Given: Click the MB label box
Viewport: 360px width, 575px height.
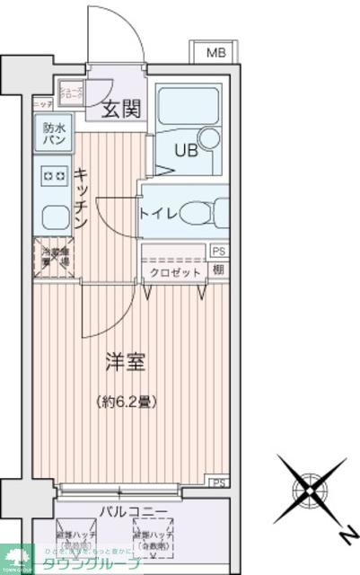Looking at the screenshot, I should tap(216, 53).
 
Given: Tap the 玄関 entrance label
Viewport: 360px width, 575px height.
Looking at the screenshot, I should tap(120, 110).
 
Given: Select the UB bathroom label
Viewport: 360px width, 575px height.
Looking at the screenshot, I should tap(173, 149).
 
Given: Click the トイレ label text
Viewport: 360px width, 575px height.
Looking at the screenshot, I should tap(158, 213).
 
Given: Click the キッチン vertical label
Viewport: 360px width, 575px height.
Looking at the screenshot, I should tap(80, 199).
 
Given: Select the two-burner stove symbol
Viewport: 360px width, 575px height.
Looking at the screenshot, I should tap(51, 175).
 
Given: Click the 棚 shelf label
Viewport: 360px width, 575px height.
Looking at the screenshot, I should tap(218, 270).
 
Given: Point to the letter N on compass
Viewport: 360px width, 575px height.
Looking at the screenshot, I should tap(343, 535).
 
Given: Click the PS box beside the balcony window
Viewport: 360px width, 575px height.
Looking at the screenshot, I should tap(218, 483).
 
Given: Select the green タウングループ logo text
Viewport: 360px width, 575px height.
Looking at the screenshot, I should tap(90, 562).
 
